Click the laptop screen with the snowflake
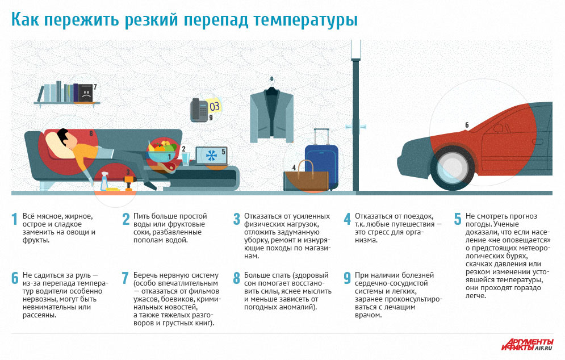[x=211, y=154]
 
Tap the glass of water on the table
[x=186, y=158]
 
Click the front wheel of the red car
[x=452, y=168]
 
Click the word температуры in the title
[x=306, y=20]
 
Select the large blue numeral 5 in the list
[x=457, y=220]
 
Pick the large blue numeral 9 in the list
[x=346, y=279]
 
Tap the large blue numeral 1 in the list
[x=14, y=220]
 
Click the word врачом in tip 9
[x=366, y=315]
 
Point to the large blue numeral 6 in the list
[x=14, y=279]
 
